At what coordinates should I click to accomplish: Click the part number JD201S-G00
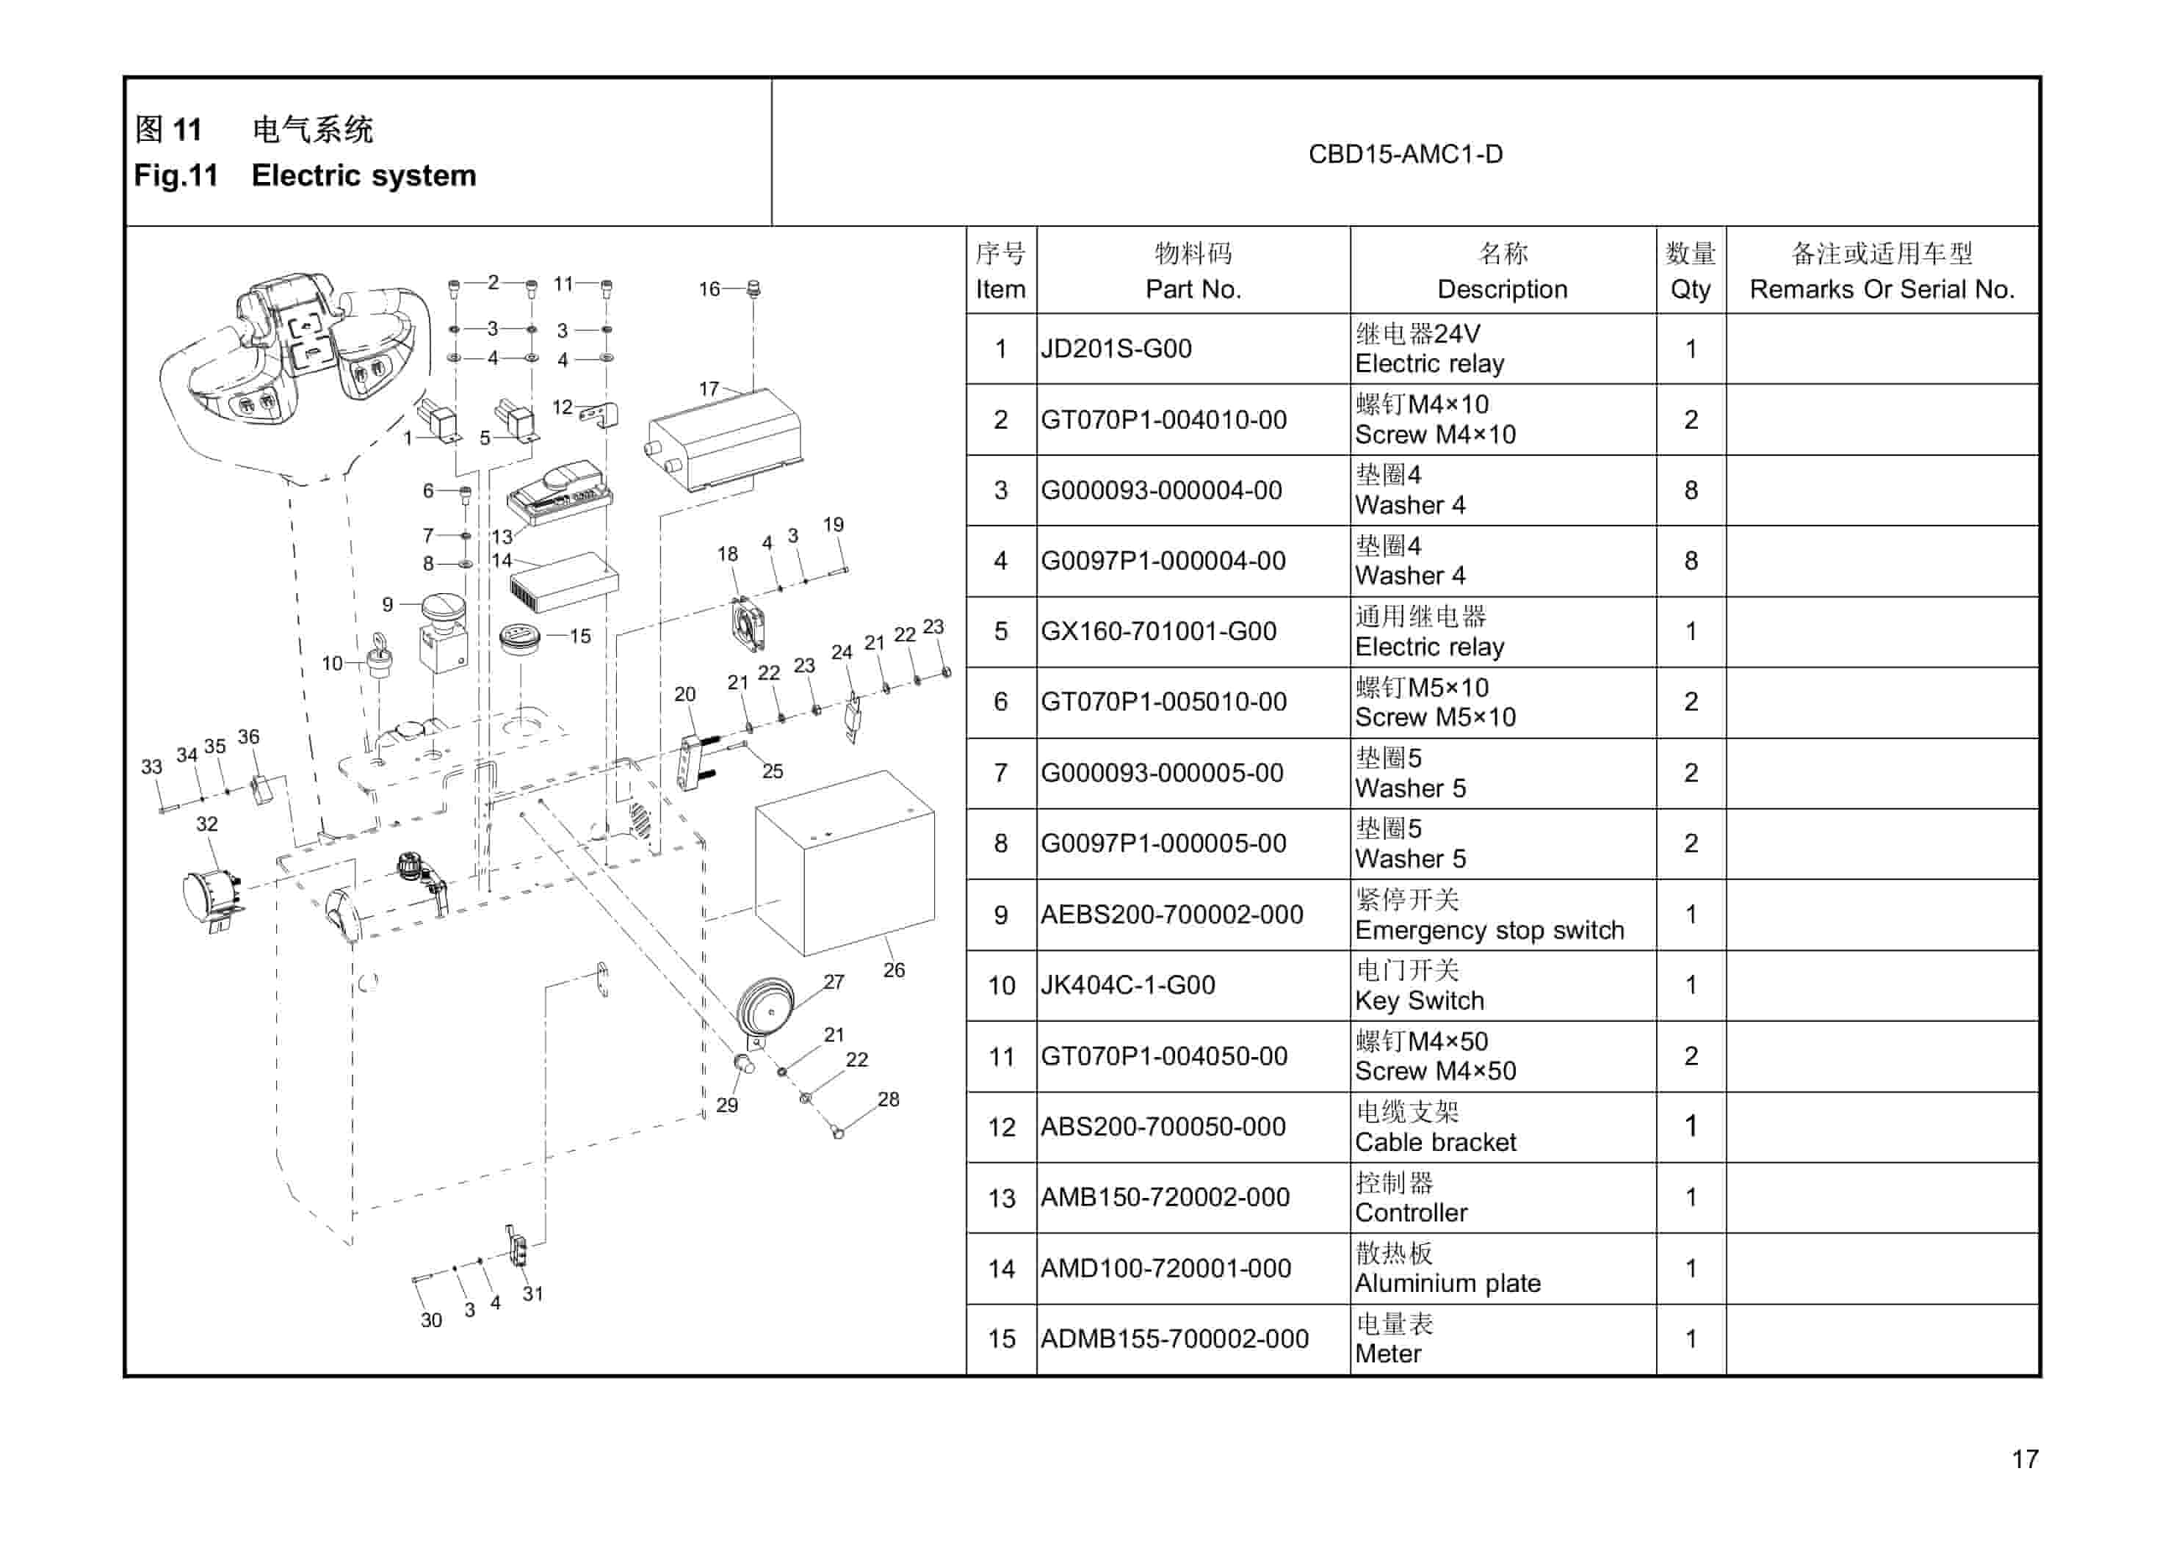pos(1116,349)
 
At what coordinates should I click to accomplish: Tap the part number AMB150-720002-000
pos(1165,1198)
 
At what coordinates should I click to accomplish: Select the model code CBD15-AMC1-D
pos(1405,155)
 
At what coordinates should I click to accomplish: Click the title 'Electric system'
pos(364,176)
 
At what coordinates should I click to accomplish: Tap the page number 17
pos(2025,1459)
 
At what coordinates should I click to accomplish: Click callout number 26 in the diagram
pos(894,970)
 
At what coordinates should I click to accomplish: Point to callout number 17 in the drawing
pos(708,389)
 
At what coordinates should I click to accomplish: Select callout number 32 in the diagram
pos(207,824)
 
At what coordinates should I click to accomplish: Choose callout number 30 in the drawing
pos(432,1321)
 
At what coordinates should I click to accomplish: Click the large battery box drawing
pos(845,863)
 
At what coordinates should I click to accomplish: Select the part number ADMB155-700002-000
pos(1174,1339)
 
